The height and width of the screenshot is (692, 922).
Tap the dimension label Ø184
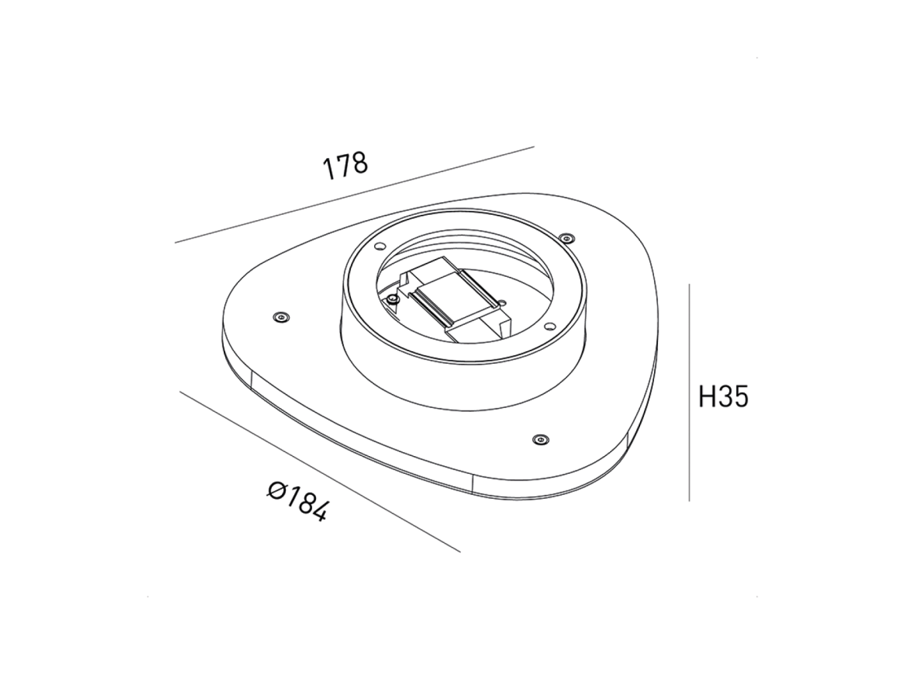(297, 501)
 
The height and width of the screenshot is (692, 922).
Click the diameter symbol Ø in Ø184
(277, 490)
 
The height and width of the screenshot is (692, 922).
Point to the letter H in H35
(707, 397)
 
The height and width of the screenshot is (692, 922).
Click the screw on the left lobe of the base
(281, 318)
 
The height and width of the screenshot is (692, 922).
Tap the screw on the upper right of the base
(566, 237)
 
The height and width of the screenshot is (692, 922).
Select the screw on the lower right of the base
(541, 438)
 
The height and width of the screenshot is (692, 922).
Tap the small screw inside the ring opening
(393, 300)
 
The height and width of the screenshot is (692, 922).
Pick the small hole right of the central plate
(503, 303)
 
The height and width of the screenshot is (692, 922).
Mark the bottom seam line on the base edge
(473, 482)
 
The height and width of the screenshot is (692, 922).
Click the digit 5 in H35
(740, 397)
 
